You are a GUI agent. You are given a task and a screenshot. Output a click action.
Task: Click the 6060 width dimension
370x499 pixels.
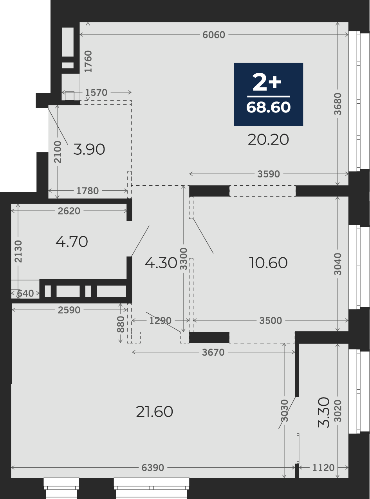coord(214,35)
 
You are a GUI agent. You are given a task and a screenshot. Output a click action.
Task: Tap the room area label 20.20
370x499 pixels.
coord(268,140)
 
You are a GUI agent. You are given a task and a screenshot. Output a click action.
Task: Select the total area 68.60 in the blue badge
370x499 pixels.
coord(268,107)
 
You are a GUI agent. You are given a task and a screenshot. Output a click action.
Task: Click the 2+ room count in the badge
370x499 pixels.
coord(267,83)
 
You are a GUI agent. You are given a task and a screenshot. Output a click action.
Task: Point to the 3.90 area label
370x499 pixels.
coord(89,150)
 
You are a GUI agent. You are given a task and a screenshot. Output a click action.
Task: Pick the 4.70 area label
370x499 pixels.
coord(72,242)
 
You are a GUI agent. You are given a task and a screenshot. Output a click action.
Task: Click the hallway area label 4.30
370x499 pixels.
coord(161,263)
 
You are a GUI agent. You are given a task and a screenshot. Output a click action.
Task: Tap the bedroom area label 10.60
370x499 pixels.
coord(268,263)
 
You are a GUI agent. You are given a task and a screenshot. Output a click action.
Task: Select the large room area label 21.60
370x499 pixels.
coord(155,412)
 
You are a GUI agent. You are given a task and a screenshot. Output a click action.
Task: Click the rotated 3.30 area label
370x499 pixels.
coord(324,412)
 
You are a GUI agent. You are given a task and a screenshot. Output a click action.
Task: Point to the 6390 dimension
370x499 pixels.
coord(153,468)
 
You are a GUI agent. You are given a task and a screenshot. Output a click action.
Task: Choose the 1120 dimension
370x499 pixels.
coord(323,468)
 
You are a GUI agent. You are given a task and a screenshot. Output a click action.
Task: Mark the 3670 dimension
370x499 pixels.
coord(213,352)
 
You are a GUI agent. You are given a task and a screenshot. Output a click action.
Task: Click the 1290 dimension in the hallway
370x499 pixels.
coord(161,321)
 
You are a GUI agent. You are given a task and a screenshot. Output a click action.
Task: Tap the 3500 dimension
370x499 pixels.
coord(271,321)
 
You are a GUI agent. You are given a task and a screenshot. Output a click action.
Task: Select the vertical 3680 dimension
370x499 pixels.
coord(338,104)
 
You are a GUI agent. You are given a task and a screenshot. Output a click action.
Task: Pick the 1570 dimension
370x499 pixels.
coord(96,92)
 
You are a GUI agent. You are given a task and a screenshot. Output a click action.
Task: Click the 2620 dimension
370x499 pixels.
coord(69,211)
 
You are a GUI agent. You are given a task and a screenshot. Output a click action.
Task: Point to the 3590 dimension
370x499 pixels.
coord(269,174)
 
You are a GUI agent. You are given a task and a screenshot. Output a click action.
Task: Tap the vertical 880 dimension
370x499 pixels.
coord(121,324)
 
